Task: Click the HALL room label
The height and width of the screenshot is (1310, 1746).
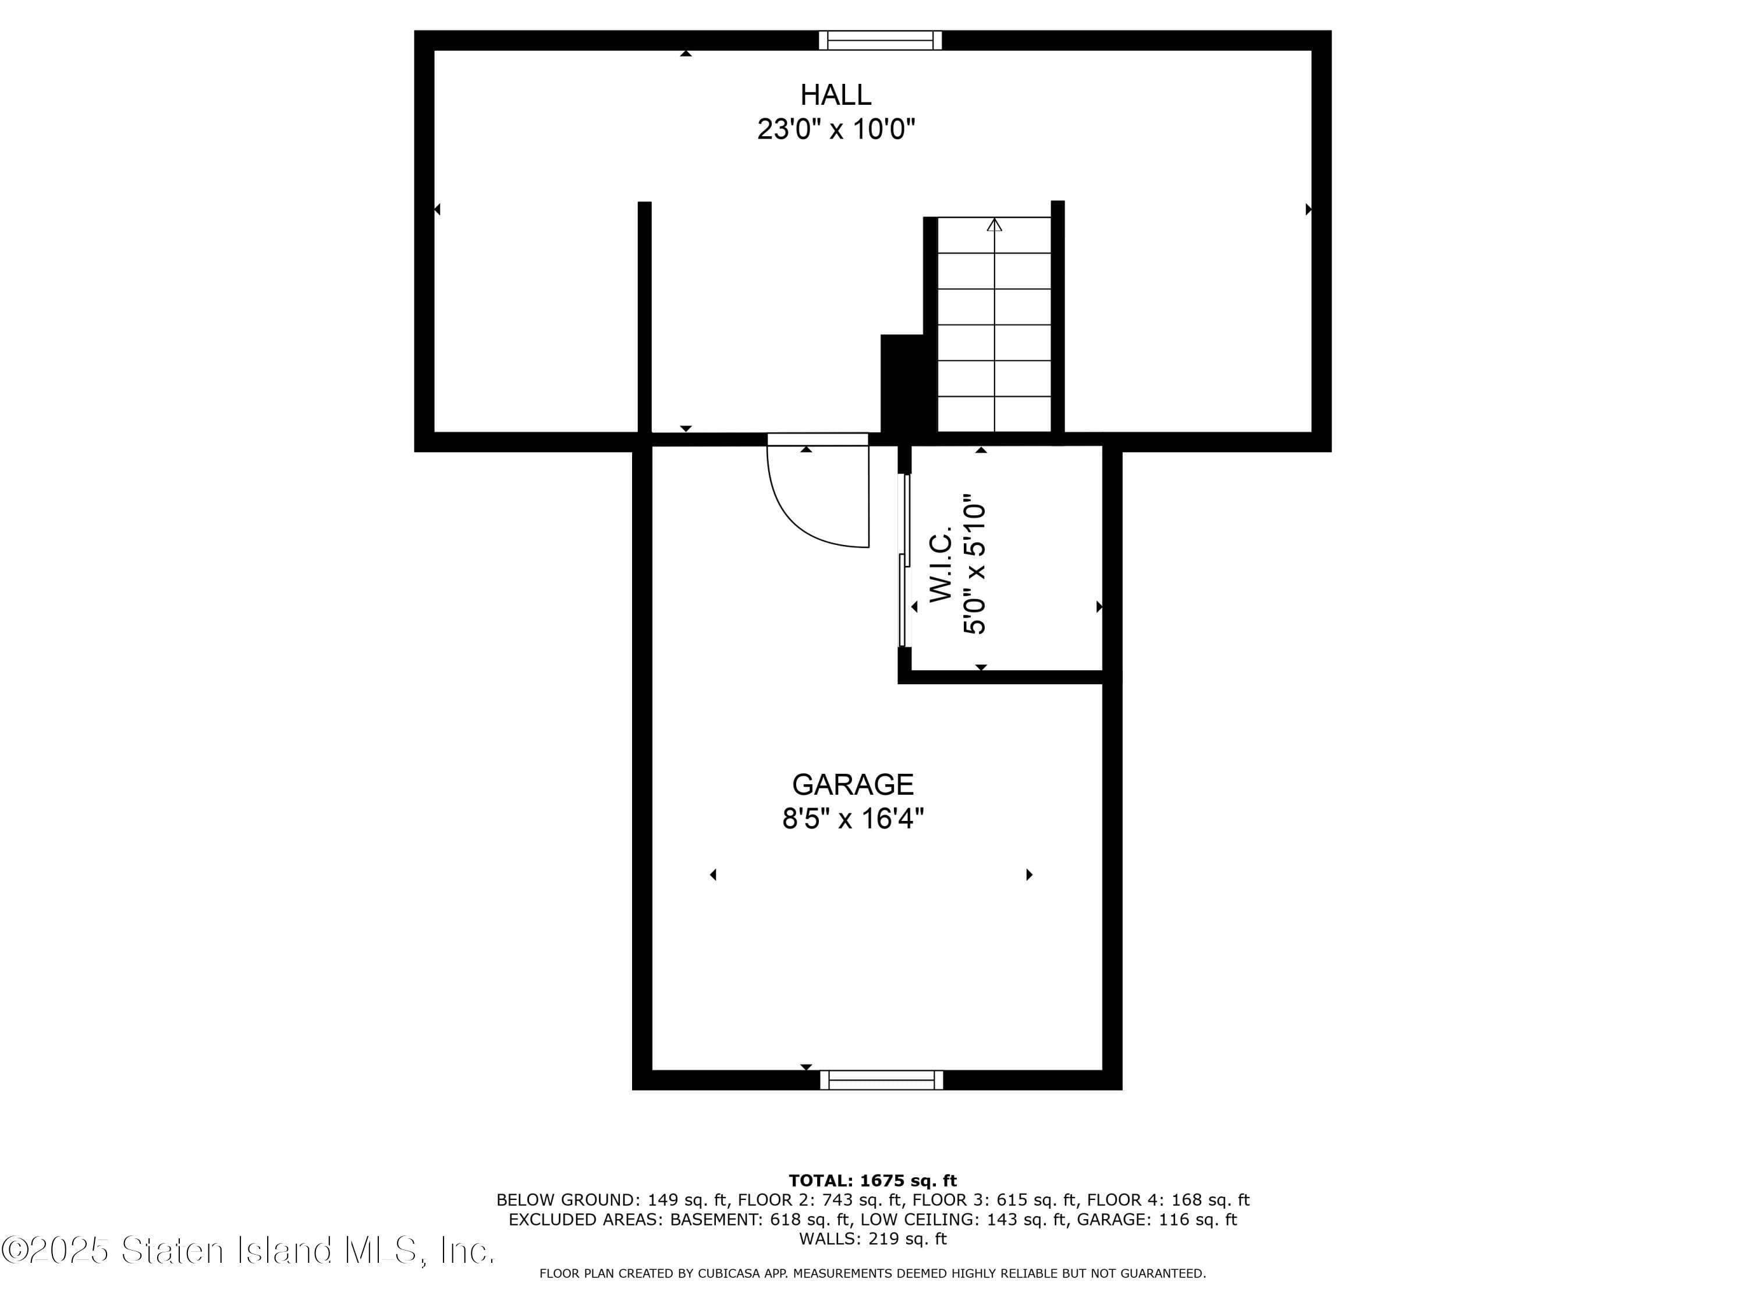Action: (835, 95)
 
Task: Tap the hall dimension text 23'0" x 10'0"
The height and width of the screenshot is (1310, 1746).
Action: (836, 129)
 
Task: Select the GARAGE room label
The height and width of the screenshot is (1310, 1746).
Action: (853, 784)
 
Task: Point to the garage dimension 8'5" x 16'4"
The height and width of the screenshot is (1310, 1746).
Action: (853, 819)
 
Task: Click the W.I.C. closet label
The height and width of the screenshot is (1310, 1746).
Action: (942, 567)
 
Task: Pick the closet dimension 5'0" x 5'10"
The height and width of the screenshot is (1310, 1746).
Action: (975, 565)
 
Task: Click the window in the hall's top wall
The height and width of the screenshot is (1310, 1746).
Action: (880, 40)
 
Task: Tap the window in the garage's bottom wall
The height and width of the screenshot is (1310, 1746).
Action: (882, 1080)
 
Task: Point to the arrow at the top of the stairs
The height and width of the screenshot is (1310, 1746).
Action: (995, 225)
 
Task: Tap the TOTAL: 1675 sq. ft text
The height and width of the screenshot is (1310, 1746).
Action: (873, 1181)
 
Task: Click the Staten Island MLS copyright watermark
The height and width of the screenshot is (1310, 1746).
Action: (249, 1250)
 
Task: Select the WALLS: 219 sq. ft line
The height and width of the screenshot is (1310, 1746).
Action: (873, 1238)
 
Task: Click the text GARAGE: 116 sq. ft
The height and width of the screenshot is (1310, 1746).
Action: (1157, 1219)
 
